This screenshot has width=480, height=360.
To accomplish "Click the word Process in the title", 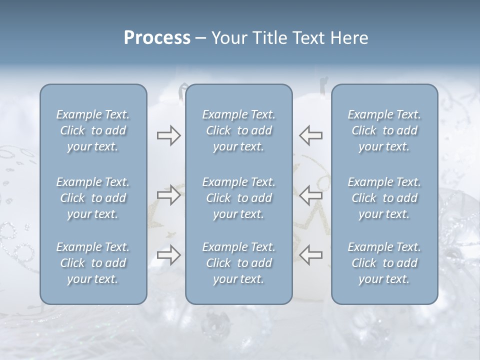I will click(x=157, y=38).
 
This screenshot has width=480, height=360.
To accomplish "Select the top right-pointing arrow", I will click(x=168, y=135).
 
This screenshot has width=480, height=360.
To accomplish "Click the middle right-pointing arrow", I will click(x=168, y=195).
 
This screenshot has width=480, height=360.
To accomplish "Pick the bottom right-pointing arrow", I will click(x=168, y=255).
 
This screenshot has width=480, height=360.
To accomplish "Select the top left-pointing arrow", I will click(x=311, y=135).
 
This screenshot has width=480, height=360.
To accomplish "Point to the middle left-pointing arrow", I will click(x=311, y=195).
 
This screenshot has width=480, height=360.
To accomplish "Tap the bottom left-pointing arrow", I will click(x=311, y=255).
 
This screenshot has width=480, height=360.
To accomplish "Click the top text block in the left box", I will click(x=93, y=130).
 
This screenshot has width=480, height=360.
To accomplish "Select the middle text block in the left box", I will click(x=93, y=198).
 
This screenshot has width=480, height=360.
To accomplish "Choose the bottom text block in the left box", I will click(x=93, y=263).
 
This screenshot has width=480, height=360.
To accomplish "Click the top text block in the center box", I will click(x=238, y=130).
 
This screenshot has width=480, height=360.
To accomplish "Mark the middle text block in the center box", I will click(x=238, y=198).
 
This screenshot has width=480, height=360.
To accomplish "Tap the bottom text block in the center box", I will click(x=238, y=263).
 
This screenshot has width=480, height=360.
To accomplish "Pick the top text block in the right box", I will click(x=384, y=130).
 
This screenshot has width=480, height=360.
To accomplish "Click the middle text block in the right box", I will click(x=384, y=198).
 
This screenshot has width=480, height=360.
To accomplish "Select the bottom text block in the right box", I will click(x=384, y=263).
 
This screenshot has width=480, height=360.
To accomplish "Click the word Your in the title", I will click(x=229, y=38).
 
